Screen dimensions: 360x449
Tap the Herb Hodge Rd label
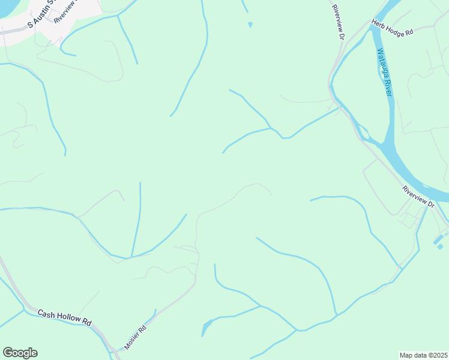coord(393,29)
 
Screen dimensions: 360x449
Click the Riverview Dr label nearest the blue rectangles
coord(419,197)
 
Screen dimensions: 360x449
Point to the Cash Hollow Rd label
coord(64,317)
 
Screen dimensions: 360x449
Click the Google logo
coord(20,352)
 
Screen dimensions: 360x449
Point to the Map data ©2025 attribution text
coord(423,355)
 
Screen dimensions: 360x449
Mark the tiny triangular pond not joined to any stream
coord(250,25)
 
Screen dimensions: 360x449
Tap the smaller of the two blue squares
coord(441,247)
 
